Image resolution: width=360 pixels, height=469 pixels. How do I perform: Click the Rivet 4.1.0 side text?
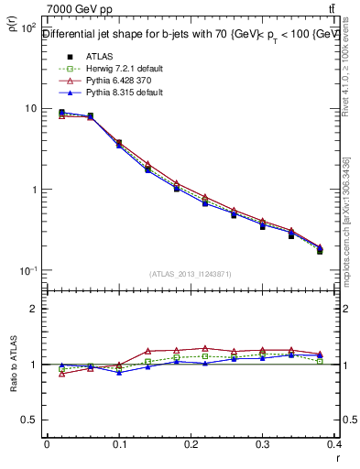[x=351, y=82]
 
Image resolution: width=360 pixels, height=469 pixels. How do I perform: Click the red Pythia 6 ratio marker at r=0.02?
[x=61, y=374]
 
